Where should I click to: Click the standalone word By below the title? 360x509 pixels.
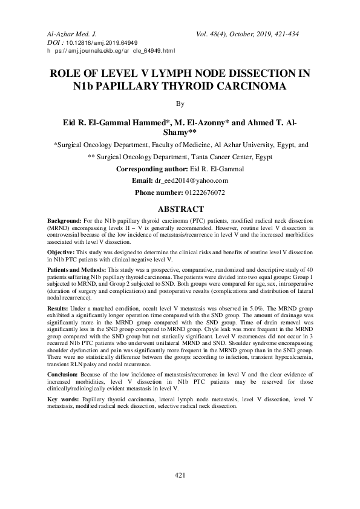coord(180,104)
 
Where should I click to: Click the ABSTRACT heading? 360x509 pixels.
coord(180,209)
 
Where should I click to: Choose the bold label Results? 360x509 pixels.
coord(58,308)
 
